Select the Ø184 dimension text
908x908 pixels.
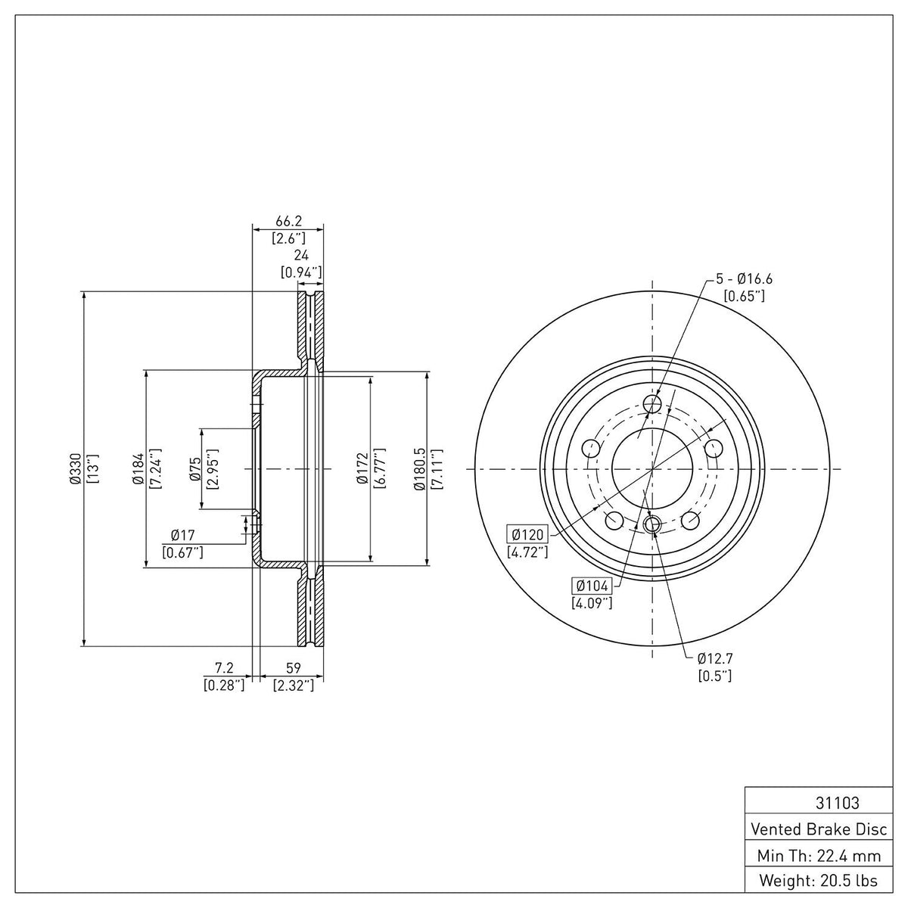pos(138,469)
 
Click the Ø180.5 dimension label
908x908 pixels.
pos(419,469)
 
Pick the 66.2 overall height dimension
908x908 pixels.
pos(288,220)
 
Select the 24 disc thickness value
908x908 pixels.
pos(301,255)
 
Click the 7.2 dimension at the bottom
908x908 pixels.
pos(224,667)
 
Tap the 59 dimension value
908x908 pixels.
pos(293,667)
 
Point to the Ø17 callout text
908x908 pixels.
pos(183,535)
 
